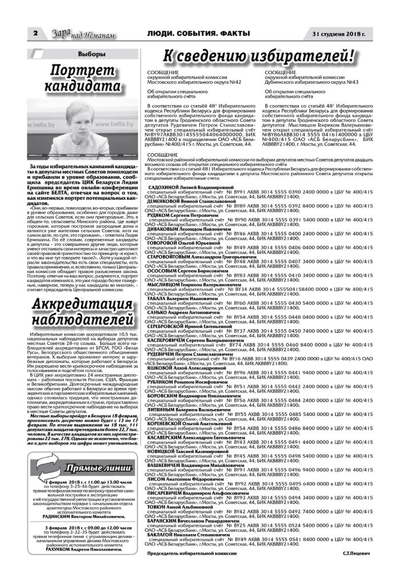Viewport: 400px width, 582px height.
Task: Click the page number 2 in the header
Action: [36, 35]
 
